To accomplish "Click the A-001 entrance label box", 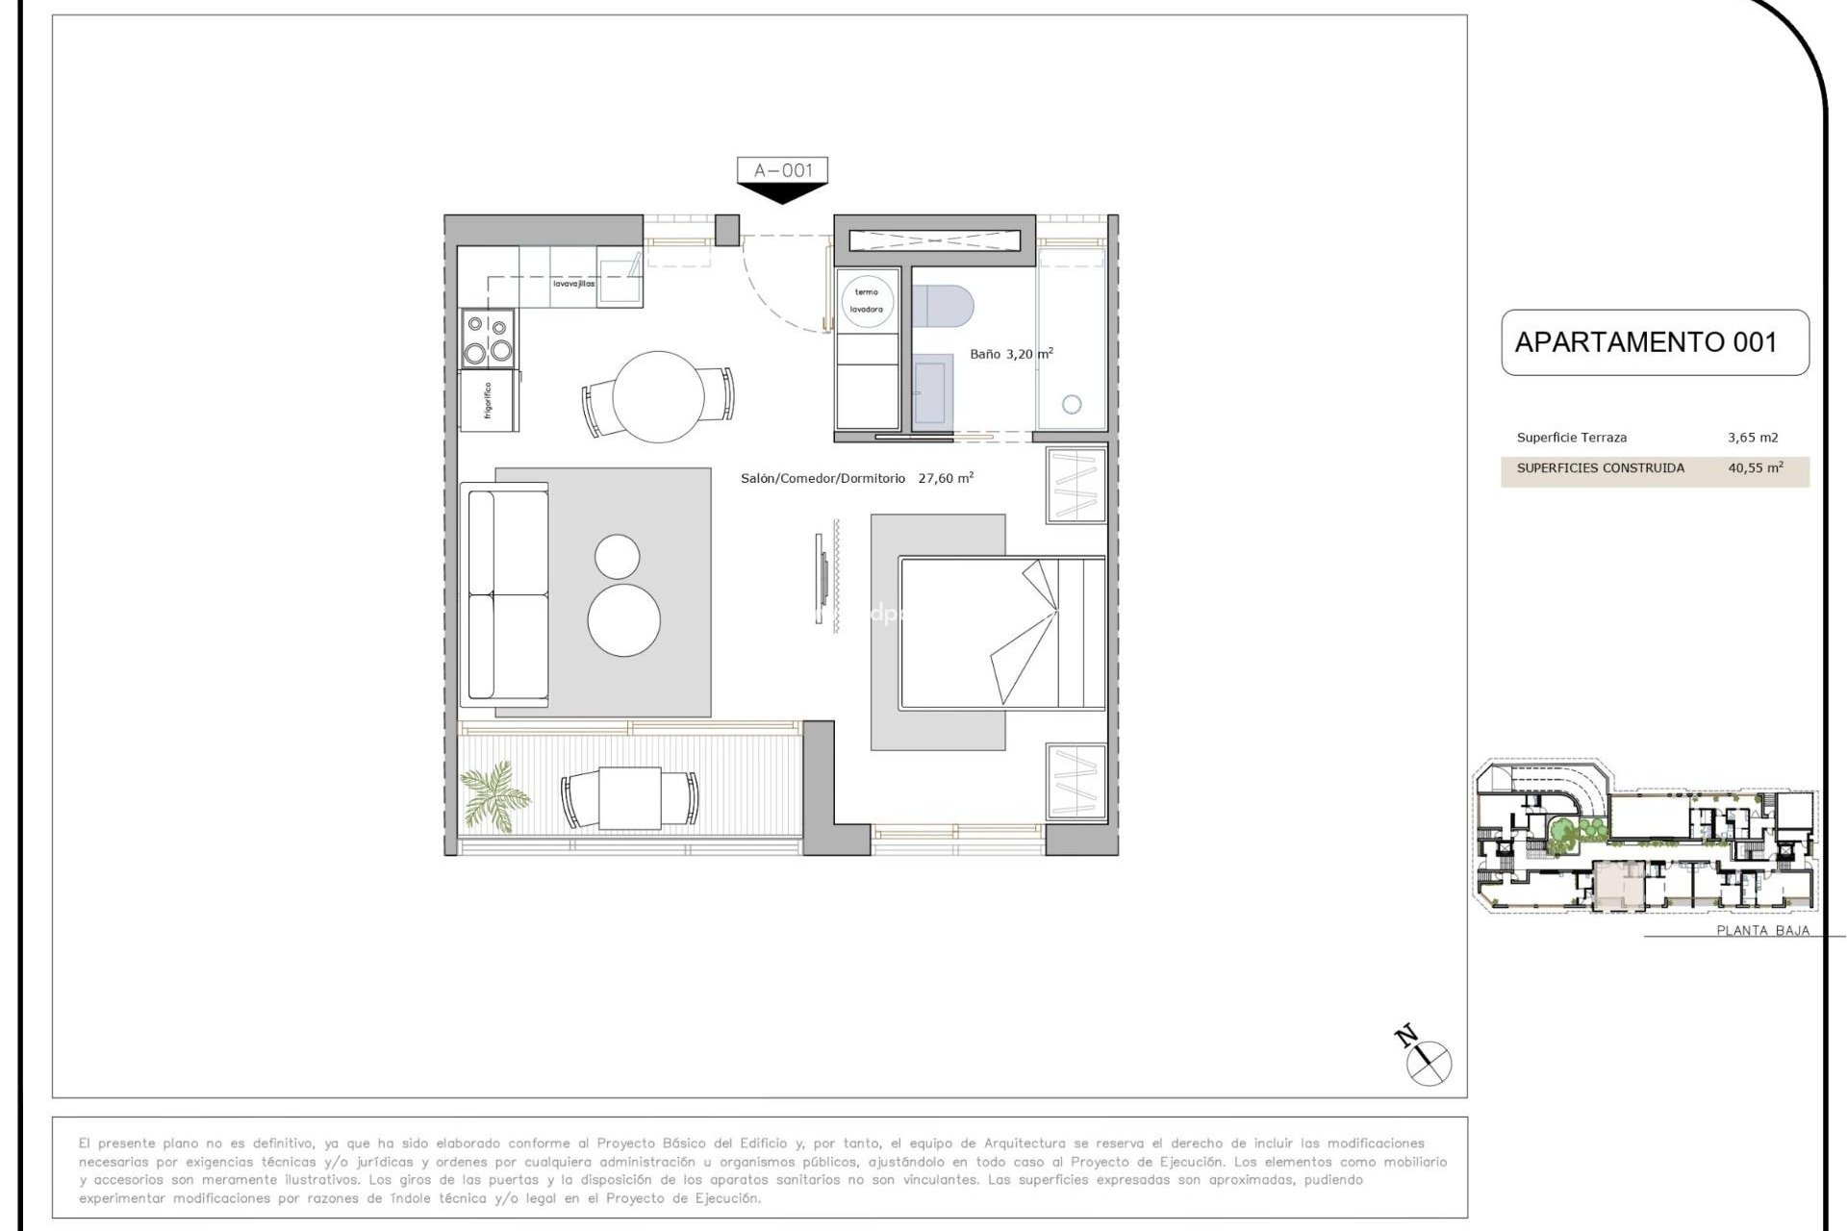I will (x=782, y=171).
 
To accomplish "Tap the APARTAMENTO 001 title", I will (x=1645, y=342).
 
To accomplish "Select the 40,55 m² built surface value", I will (x=1755, y=468).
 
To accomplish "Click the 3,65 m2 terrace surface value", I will (x=1753, y=438).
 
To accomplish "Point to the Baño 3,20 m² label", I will (x=1010, y=354).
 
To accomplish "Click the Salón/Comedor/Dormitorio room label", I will (x=822, y=478).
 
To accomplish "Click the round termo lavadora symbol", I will (x=867, y=301).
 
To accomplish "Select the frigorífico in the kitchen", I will (x=490, y=401).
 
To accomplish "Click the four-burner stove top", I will (x=488, y=339).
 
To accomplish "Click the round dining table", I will (x=658, y=396).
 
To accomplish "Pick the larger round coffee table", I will (x=623, y=620).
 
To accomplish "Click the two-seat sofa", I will (x=506, y=594).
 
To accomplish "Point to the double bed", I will (x=1000, y=632).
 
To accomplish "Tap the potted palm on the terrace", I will (x=494, y=793).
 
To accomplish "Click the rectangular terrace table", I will (x=629, y=798).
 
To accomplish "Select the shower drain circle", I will (x=1071, y=405).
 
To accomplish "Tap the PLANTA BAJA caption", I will (x=1762, y=930).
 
